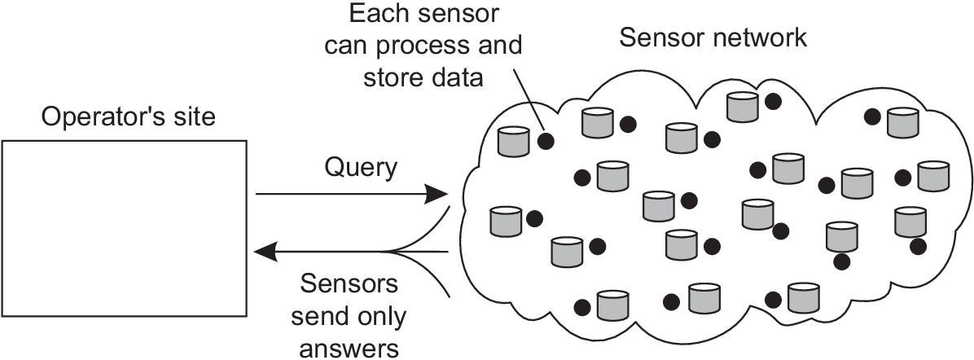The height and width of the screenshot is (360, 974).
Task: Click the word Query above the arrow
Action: [360, 168]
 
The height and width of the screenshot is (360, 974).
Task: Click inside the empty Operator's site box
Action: [125, 229]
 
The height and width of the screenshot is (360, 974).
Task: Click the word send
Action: [322, 317]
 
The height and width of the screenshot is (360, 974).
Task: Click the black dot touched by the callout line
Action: [546, 141]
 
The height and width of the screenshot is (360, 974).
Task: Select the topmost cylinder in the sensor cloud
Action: [742, 107]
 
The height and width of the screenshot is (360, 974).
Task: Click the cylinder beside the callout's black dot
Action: [514, 141]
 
